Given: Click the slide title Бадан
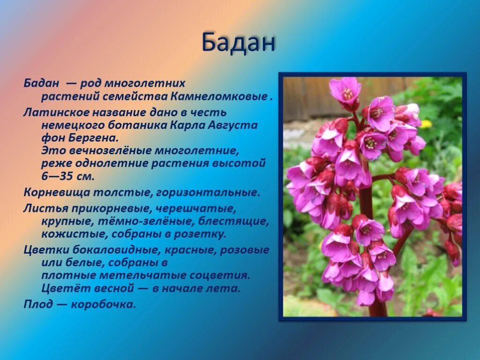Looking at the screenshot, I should [x=238, y=43].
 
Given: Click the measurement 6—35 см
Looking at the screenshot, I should [x=68, y=177].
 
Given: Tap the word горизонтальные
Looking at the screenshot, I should [x=216, y=192].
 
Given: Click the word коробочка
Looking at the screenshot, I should [x=103, y=304].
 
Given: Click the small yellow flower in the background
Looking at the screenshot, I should [x=425, y=124].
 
